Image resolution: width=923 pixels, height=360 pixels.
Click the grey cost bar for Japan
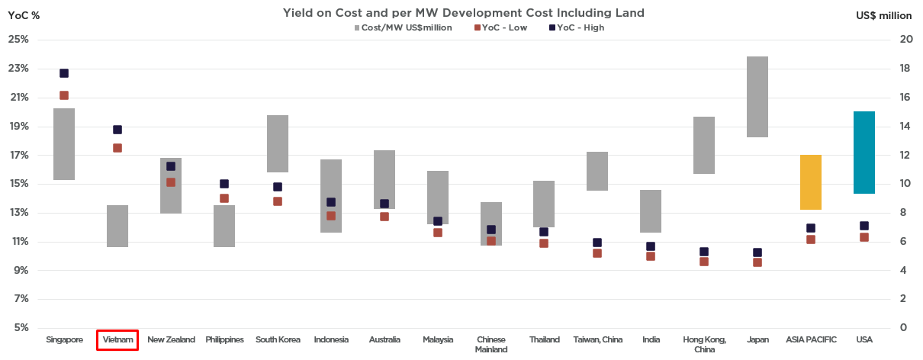[x=757, y=97]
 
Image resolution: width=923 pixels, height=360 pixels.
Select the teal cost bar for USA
[x=864, y=153]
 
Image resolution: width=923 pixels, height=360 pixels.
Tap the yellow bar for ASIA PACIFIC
[x=810, y=182]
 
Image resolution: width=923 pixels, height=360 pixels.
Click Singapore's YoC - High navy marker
[x=64, y=73]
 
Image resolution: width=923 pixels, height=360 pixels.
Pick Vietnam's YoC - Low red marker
[x=117, y=148]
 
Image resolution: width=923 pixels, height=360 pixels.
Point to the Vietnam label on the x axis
[x=117, y=339]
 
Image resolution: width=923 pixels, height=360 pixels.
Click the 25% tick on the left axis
[x=18, y=40]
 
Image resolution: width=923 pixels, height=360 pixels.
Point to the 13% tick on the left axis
[x=18, y=213]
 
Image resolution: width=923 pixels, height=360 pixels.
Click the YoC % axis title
[x=24, y=14]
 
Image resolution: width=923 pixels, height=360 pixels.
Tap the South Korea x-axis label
[x=278, y=339]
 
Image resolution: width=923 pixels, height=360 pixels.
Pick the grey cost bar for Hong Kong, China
[x=703, y=145]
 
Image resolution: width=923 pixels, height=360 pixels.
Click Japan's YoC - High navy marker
[x=757, y=252]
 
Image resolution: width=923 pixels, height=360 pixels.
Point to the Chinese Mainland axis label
[x=490, y=344]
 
